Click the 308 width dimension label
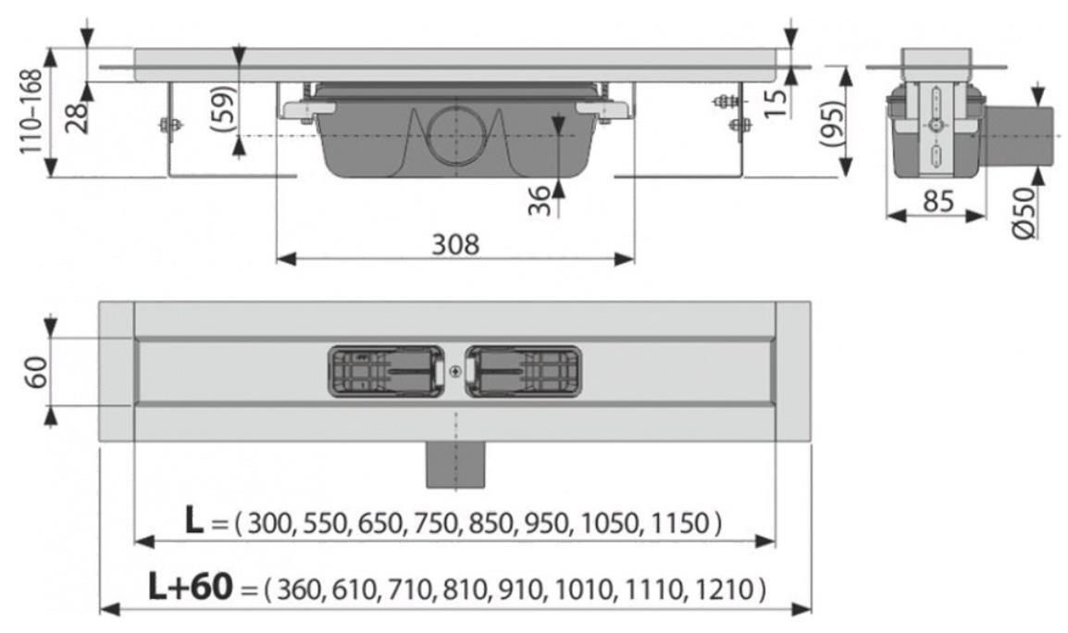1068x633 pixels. click(x=455, y=244)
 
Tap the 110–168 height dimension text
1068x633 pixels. click(x=32, y=112)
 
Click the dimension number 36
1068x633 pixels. click(x=540, y=201)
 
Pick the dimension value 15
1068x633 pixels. click(x=776, y=101)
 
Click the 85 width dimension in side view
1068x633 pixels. click(x=938, y=201)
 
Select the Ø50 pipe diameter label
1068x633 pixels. click(x=1024, y=213)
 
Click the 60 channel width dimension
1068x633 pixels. click(x=36, y=372)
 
